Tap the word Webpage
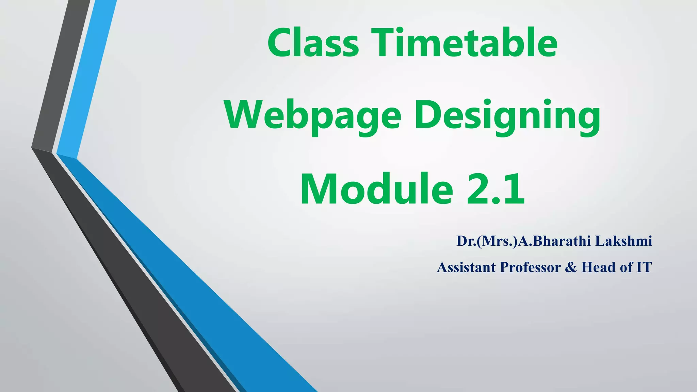tap(313, 116)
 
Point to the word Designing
tap(507, 116)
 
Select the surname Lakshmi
tap(623, 241)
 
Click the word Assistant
tap(466, 267)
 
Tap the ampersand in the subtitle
tap(571, 267)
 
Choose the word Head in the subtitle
tap(599, 267)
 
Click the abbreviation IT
tap(644, 267)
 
